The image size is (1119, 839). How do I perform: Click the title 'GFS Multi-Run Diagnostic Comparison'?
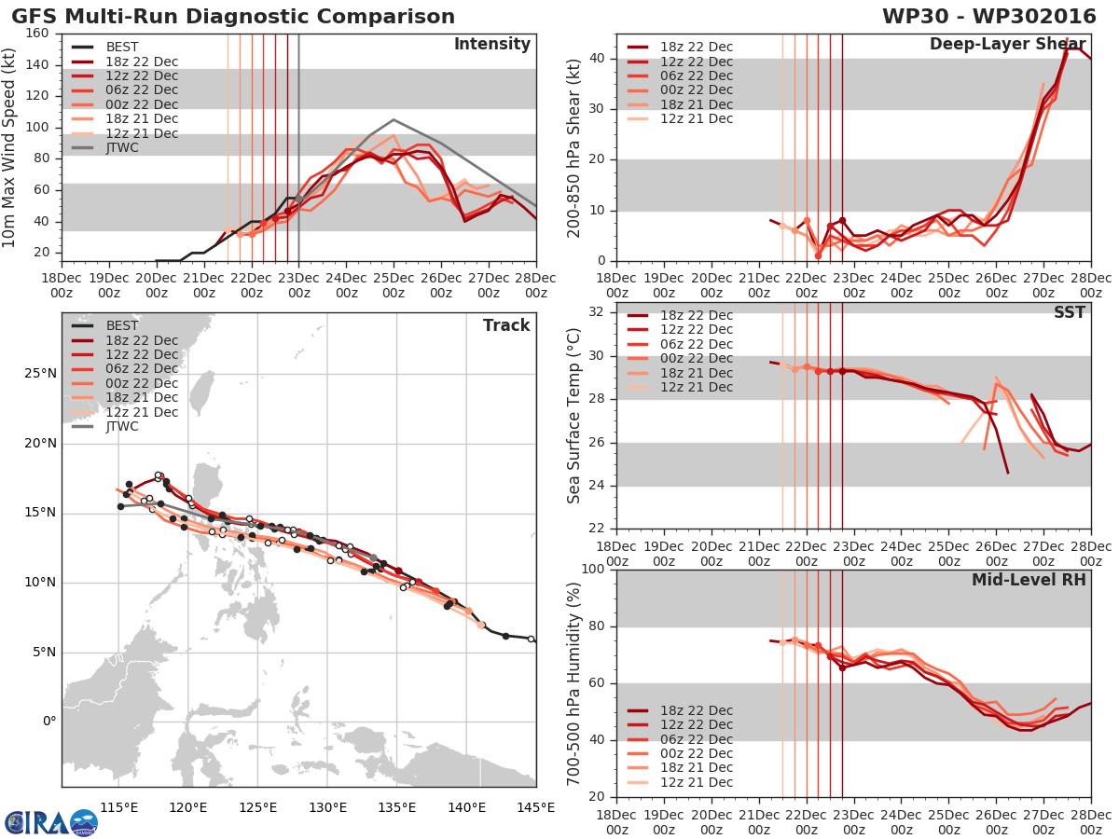tap(233, 17)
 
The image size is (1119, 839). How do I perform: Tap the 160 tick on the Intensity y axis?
tap(38, 34)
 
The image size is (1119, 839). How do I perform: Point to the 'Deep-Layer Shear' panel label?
tap(1007, 45)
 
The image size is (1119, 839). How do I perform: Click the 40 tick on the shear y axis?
tap(598, 59)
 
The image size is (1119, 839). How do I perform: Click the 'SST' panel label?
tap(1070, 312)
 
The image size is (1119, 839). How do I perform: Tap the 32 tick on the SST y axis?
tap(598, 312)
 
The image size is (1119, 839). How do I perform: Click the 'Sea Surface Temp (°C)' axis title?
tap(574, 416)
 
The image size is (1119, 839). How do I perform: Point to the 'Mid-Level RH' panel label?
tap(1029, 580)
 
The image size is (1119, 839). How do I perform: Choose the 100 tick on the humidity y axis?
tap(593, 570)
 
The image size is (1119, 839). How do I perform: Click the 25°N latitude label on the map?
tap(41, 374)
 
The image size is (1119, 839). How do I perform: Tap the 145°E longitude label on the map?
tap(536, 807)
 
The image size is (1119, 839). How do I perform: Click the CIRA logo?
tap(50, 823)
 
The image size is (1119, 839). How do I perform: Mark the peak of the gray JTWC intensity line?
tap(394, 119)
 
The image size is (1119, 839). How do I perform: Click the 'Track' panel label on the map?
tap(506, 325)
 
